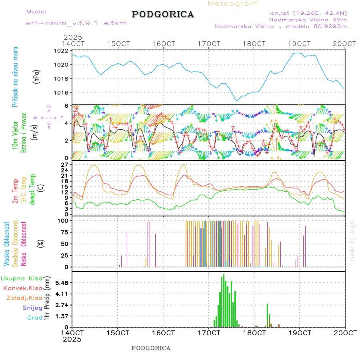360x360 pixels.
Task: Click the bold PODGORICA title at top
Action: pos(163,14)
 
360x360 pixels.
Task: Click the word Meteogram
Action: pos(233,4)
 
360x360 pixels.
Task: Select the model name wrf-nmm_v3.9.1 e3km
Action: pos(76,23)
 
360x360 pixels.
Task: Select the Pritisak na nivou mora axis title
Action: pos(15,77)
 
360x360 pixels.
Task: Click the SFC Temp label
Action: pos(24,190)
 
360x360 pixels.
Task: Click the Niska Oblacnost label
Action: pos(24,243)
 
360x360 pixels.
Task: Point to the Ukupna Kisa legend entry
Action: pos(22,278)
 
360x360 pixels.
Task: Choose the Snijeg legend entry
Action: pos(32,308)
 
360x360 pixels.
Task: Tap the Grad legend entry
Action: pos(34,318)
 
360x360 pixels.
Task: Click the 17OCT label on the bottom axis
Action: pos(208,333)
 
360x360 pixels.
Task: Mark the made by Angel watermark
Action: pos(352,240)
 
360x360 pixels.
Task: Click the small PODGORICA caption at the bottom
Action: pos(151,348)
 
